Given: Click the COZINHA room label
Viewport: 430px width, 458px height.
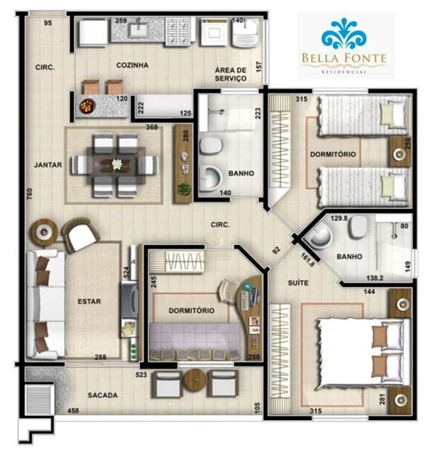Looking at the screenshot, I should point(132,65).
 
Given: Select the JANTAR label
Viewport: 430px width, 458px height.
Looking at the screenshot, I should point(48,165).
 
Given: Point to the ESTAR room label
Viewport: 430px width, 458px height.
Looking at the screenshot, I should point(89,301).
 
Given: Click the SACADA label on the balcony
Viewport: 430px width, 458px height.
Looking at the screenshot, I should point(102,395).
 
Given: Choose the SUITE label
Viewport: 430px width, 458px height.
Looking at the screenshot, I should point(298,282).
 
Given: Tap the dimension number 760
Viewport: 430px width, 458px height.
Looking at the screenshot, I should point(30,193).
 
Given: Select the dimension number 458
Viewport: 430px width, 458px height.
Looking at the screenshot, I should point(73,411).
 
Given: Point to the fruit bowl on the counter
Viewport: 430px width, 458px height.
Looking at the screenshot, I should point(87,106).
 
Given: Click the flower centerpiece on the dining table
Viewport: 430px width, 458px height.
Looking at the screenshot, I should point(116,163).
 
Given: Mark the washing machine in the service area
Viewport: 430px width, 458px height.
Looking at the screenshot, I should point(214,30).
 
